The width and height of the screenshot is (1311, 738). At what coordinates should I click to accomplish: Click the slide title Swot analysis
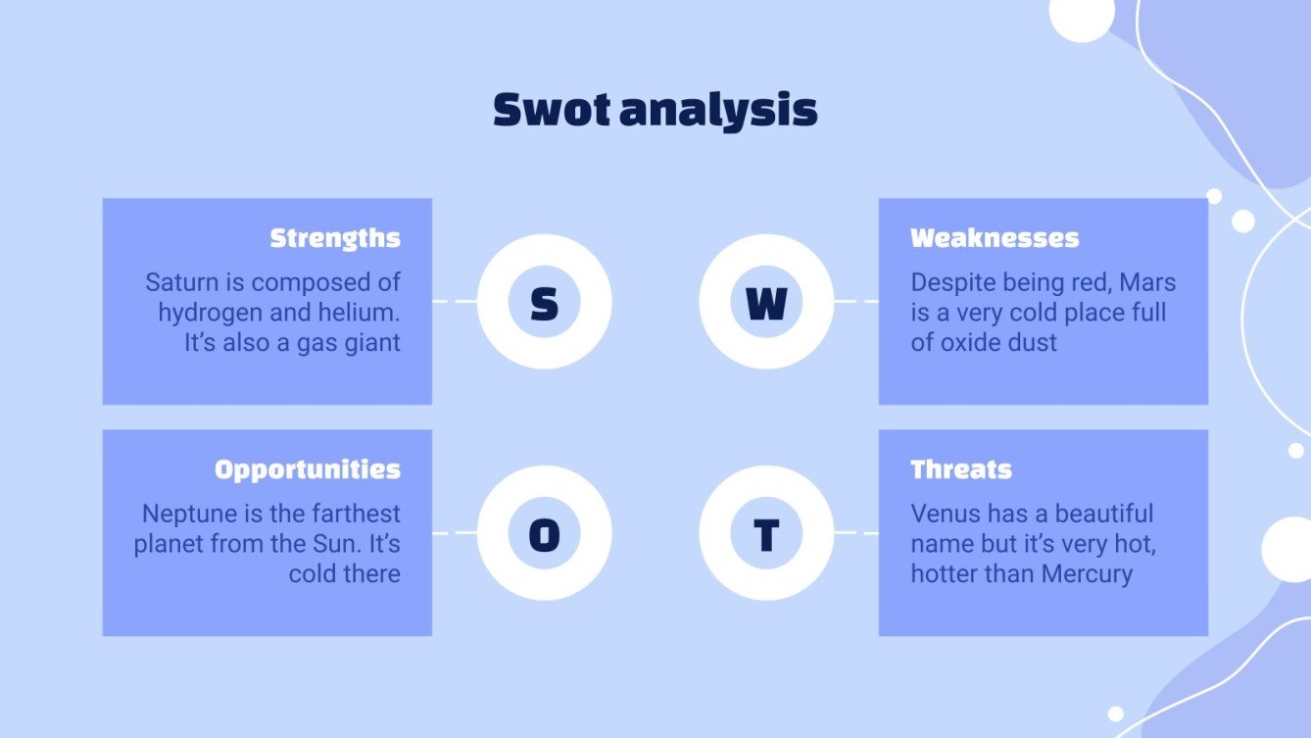pos(655,110)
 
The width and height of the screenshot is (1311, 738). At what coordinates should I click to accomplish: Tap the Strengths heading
pos(335,238)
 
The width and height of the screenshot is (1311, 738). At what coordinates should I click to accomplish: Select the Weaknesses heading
pos(995,238)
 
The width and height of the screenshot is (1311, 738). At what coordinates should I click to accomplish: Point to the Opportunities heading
pos(308,469)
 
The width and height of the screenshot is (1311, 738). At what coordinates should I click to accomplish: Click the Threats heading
pos(961,469)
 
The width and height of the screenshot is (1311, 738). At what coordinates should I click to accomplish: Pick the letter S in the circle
pos(544,303)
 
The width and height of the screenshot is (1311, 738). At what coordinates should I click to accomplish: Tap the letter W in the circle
pos(766,303)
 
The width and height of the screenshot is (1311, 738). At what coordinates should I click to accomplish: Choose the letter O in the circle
pos(544,535)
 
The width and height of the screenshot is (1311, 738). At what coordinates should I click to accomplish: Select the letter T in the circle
pos(766,535)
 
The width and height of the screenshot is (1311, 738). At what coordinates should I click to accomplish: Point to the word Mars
pos(1147,283)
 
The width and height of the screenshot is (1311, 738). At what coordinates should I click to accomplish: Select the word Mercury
pos(1087,574)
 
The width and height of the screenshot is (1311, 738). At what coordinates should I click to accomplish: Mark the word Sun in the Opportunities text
pos(338,544)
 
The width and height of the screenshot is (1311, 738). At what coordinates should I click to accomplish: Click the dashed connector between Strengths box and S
pos(454,302)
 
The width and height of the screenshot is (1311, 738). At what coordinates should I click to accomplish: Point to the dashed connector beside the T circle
pos(855,533)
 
